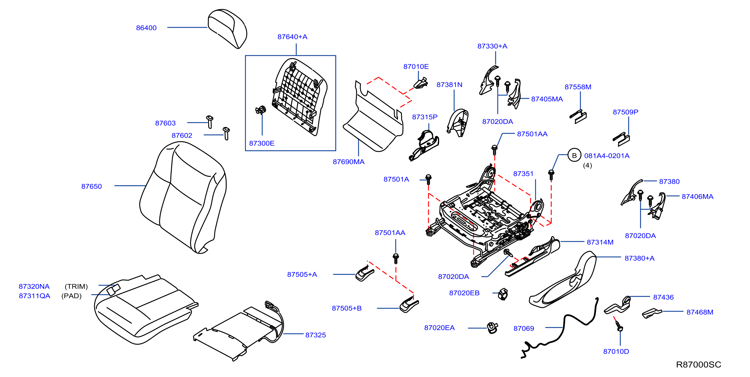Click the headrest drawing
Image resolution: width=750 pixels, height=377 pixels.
(227, 28)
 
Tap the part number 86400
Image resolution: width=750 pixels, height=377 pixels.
(146, 28)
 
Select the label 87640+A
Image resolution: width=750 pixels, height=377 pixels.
(292, 37)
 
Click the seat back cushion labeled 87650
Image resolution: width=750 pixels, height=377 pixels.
(183, 197)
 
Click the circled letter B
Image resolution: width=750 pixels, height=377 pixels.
(574, 155)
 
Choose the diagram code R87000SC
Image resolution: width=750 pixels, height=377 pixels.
(698, 365)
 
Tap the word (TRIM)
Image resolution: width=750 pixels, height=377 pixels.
(76, 286)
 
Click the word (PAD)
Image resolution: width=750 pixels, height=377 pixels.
(71, 296)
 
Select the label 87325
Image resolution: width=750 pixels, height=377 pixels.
(316, 335)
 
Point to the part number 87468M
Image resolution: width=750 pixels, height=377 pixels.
(700, 312)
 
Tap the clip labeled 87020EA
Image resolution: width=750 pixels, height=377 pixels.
(492, 328)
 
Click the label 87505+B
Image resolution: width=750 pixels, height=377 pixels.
(347, 308)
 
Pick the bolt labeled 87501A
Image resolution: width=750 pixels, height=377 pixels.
(428, 179)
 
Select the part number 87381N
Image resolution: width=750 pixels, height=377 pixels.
(449, 85)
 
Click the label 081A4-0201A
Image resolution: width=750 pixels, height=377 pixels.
(607, 156)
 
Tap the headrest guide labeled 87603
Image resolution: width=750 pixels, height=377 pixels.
(210, 122)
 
